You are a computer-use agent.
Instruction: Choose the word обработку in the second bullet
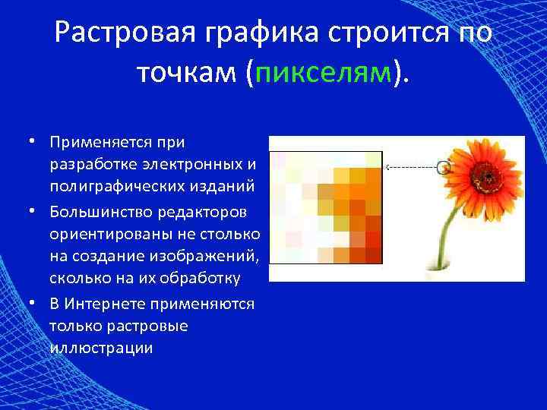[x=205, y=277]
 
